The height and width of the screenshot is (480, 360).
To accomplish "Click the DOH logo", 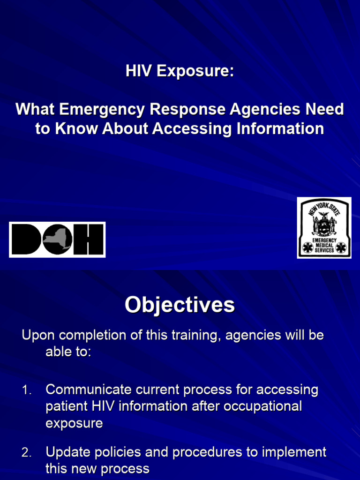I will pos(57,240).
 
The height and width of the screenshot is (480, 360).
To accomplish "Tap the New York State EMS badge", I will pos(324,228).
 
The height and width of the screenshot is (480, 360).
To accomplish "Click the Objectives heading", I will pos(180,305).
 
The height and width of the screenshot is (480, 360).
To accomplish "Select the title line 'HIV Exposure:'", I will pos(180,71).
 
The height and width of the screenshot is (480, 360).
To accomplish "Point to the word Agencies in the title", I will pos(259,110).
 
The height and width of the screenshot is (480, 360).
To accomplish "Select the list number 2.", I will pos(27,453).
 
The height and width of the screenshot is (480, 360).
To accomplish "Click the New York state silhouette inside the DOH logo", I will pos(58,240).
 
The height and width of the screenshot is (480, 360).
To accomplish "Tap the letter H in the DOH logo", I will pos(89,240).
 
